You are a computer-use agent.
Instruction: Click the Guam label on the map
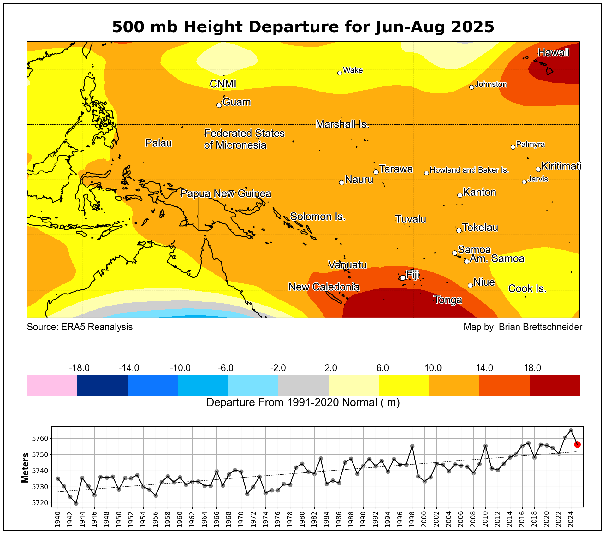tap(236, 102)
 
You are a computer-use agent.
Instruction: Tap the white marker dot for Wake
tap(340, 73)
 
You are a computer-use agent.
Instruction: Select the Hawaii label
tap(554, 52)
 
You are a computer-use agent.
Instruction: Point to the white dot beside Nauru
tap(341, 182)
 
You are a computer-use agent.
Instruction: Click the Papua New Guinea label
tap(226, 193)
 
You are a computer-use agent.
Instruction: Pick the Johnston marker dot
tap(472, 87)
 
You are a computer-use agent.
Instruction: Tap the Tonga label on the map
tap(448, 300)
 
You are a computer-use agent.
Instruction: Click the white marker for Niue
tap(470, 285)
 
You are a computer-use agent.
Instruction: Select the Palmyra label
tap(531, 145)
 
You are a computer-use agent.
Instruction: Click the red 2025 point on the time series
tap(577, 444)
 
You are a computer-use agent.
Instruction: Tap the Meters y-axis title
tap(25, 468)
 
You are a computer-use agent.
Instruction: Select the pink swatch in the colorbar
tap(52, 385)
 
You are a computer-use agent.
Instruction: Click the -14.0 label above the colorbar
tap(129, 368)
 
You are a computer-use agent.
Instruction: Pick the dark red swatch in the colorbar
tap(555, 385)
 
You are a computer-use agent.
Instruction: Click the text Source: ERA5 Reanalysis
tap(80, 327)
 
